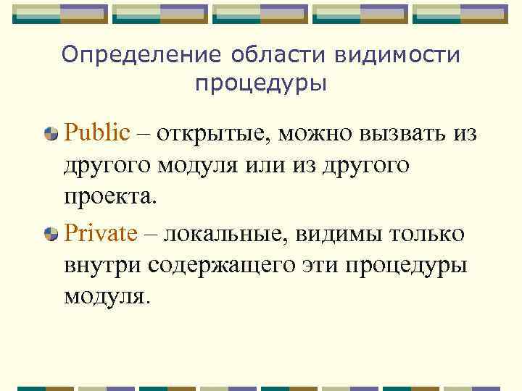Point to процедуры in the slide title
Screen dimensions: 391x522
coord(261,85)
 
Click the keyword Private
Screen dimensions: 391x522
coord(101,234)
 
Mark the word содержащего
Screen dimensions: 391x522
coord(220,264)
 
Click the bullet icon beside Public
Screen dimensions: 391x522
coord(51,135)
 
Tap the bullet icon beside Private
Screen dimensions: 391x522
coord(51,235)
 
